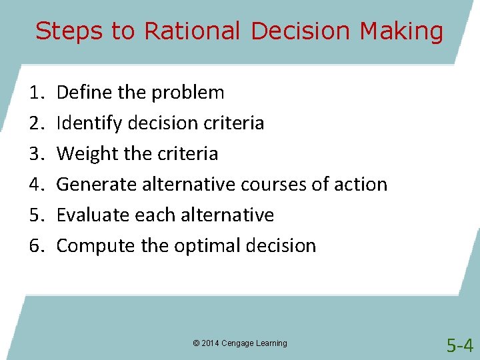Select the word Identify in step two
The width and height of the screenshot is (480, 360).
(85, 123)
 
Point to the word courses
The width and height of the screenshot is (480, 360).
(273, 185)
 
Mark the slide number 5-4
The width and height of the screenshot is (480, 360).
(460, 345)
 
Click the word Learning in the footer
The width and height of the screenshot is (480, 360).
(272, 343)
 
